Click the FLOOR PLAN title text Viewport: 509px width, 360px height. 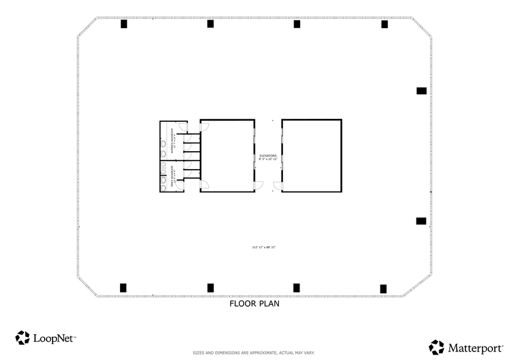(254, 303)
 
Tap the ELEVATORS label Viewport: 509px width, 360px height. (268, 157)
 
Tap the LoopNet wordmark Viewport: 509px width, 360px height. (54, 337)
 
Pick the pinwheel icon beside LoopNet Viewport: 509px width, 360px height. (23, 337)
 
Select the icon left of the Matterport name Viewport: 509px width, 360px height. (436, 347)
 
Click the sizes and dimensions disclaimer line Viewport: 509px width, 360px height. (254, 353)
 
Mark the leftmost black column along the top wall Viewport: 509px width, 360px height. (124, 24)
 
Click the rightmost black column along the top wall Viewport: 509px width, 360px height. (385, 24)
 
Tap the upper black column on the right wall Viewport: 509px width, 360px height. (421, 91)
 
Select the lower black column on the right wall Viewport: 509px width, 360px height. (421, 221)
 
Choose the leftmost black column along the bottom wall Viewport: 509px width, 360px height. (123, 287)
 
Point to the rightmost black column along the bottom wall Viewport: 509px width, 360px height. (383, 288)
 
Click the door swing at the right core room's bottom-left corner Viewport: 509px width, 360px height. (277, 186)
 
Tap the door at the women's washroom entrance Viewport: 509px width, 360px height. (205, 127)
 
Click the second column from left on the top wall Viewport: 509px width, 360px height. (210, 24)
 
